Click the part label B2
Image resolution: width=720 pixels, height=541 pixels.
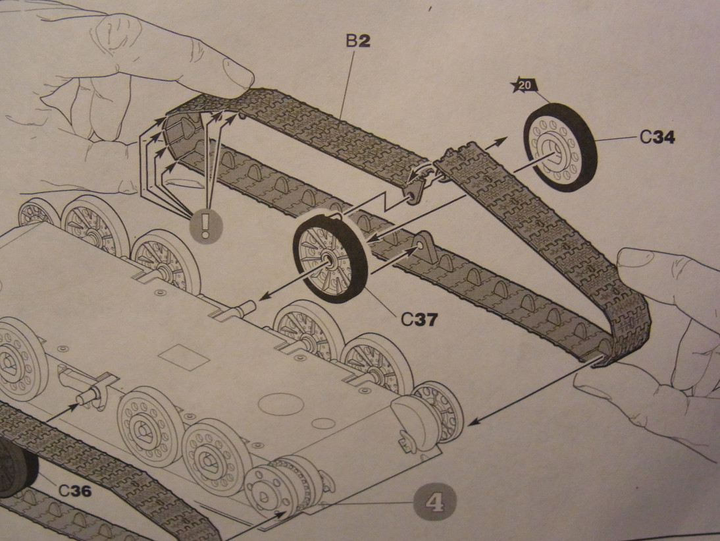358,42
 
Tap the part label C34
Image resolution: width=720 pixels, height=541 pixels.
657,137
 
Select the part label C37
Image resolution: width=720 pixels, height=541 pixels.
419,319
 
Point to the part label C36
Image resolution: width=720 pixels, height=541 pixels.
75,491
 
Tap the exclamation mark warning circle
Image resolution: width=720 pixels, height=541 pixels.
205,225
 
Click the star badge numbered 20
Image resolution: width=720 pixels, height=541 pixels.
525,86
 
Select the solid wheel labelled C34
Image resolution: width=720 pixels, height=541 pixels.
560,147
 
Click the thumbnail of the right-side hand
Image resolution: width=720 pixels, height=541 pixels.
635,258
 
